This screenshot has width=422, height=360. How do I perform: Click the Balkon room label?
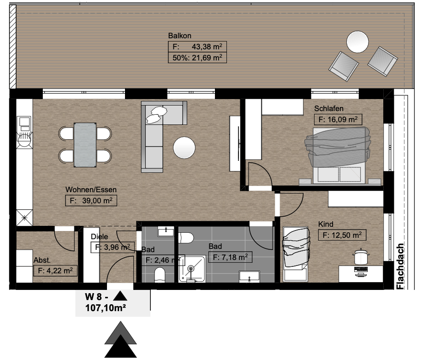coord(179,36)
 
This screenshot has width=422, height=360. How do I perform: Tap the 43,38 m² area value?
coord(207,47)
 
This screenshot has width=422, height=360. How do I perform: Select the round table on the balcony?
coord(357,42)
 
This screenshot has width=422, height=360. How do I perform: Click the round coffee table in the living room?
coord(184,148)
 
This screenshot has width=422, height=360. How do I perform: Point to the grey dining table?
coord(85,145)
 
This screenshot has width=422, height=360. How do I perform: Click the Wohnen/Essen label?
coord(91,189)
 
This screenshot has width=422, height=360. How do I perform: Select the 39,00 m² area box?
coord(91,201)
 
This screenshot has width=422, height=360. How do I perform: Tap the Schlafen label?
coord(329,108)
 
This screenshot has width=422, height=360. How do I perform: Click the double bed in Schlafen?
coord(338,155)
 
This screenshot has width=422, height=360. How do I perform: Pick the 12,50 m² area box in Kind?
coord(342,235)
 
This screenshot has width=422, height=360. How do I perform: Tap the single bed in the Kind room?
coord(296,254)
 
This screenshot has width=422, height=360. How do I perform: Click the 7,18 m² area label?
coord(231,257)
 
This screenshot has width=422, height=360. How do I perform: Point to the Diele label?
coord(99,236)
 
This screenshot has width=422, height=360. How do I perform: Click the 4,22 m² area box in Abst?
coord(55,271)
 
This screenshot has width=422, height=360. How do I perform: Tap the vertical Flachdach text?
coord(400,266)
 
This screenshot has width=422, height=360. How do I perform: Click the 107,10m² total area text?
coord(106,307)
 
